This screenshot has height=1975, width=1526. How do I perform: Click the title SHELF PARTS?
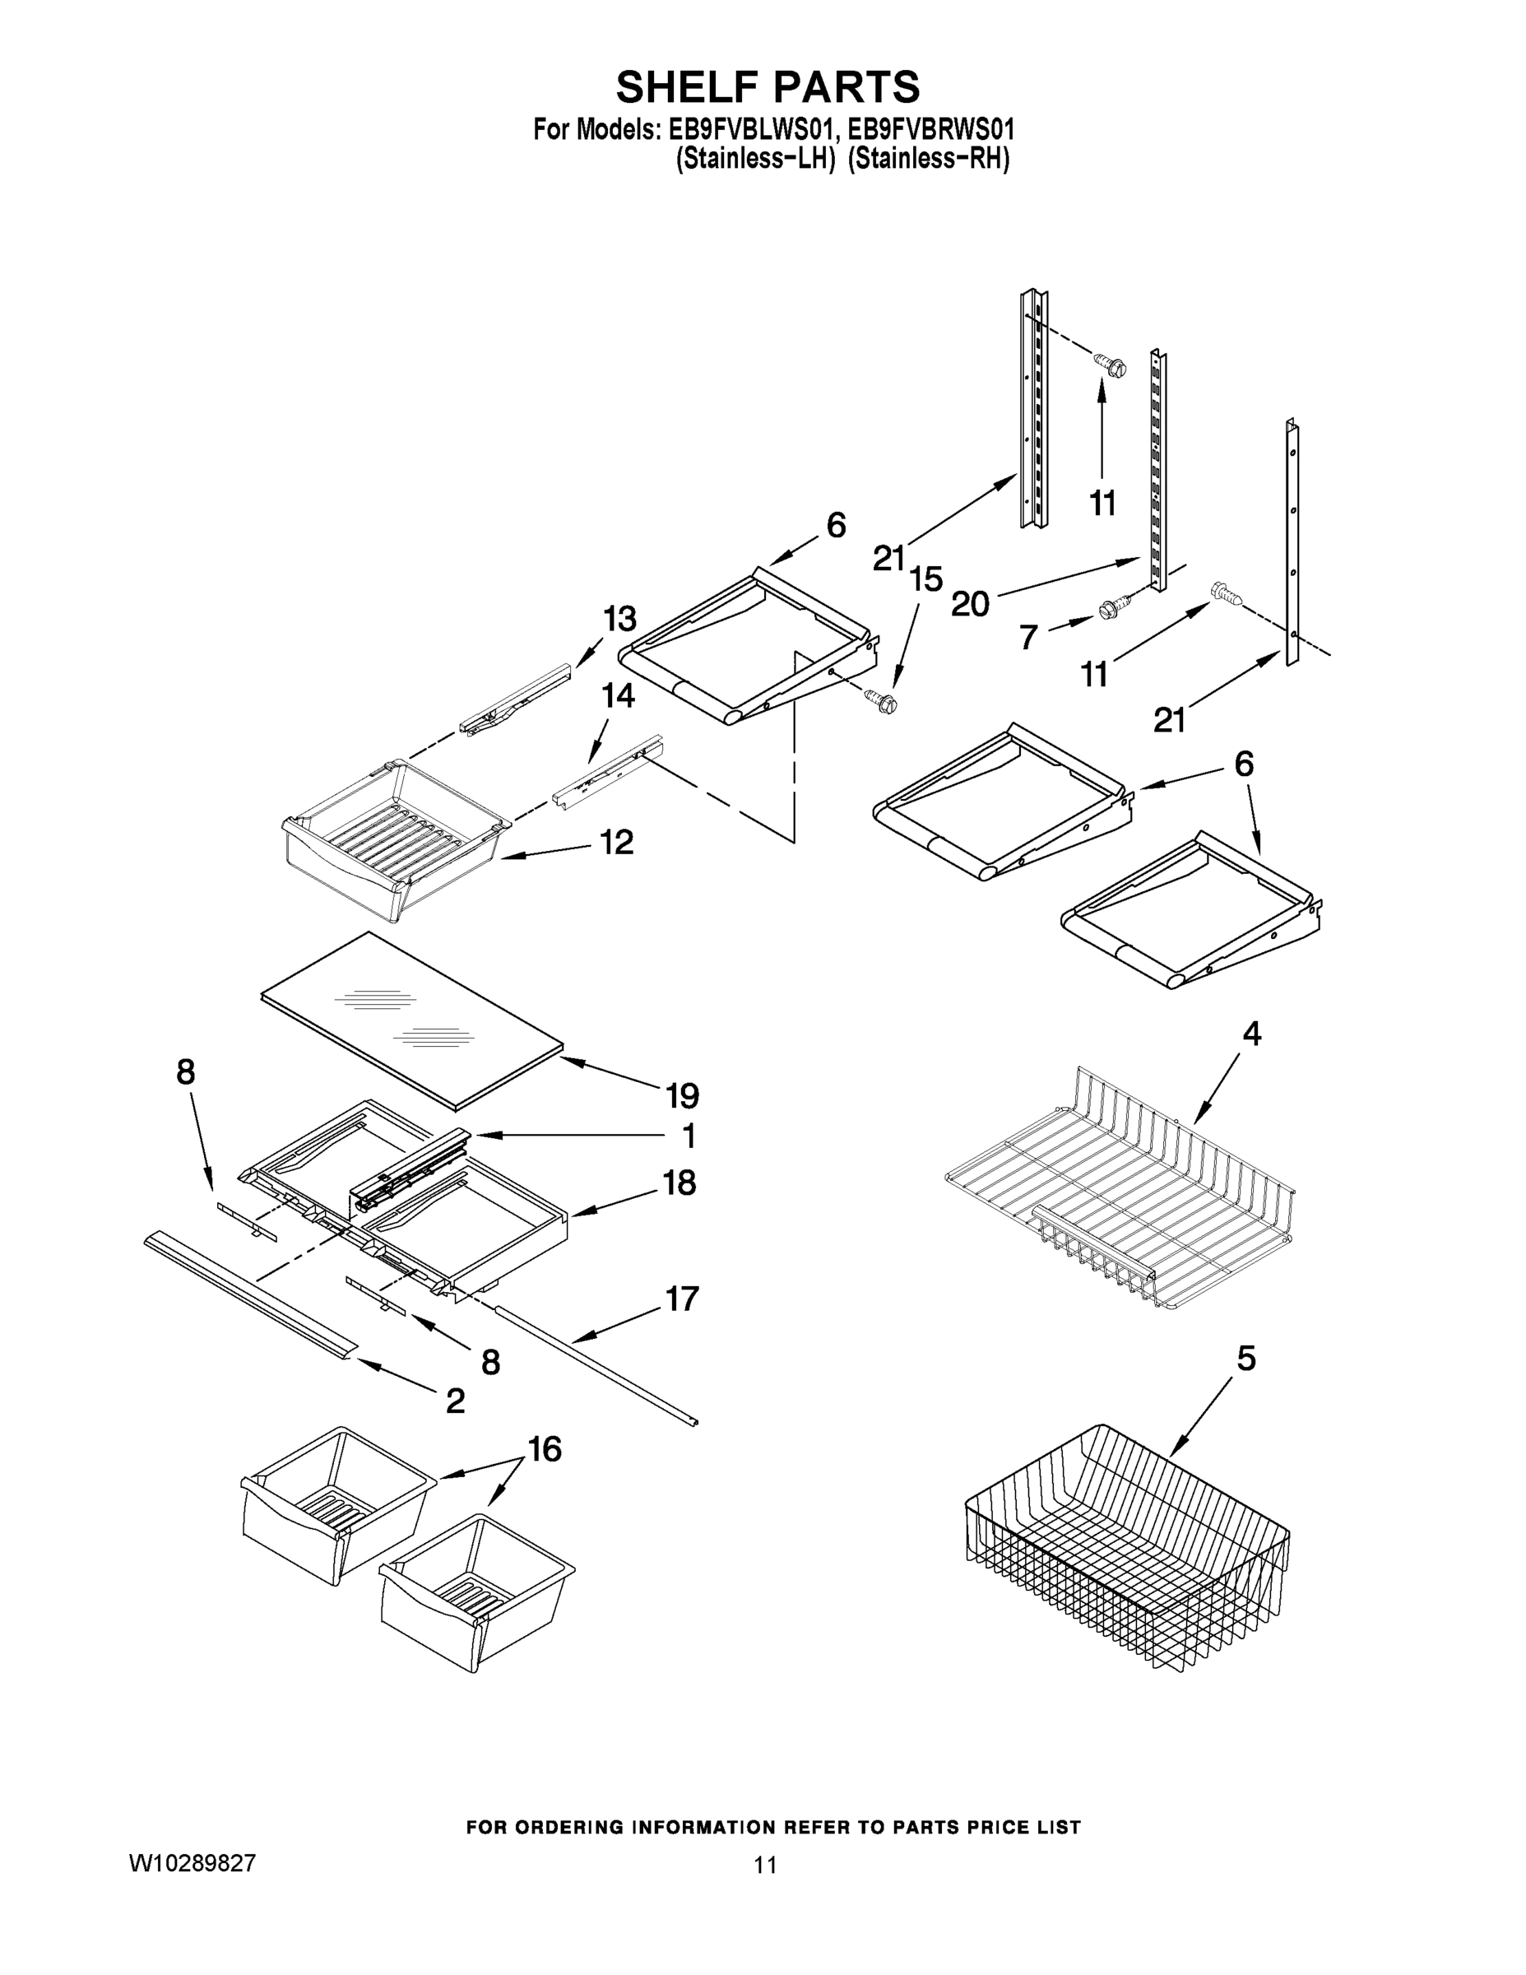768,88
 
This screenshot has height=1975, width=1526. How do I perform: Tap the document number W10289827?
192,1863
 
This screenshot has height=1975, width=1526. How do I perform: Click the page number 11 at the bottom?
766,1865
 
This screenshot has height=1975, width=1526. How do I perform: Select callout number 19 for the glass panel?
683,1096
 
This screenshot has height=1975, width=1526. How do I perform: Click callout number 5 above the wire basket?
1245,1359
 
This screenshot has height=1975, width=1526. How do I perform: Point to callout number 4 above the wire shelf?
1251,1033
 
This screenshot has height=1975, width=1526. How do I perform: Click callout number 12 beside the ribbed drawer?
618,843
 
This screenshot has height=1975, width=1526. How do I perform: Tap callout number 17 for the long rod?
683,1299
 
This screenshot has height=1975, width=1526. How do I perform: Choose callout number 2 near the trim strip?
456,1401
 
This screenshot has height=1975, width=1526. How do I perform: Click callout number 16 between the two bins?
545,1450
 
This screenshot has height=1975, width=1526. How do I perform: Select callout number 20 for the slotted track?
970,604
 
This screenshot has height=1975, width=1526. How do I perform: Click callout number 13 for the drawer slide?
619,620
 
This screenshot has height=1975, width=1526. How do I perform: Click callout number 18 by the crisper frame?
680,1183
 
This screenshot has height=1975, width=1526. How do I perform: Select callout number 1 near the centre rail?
688,1135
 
